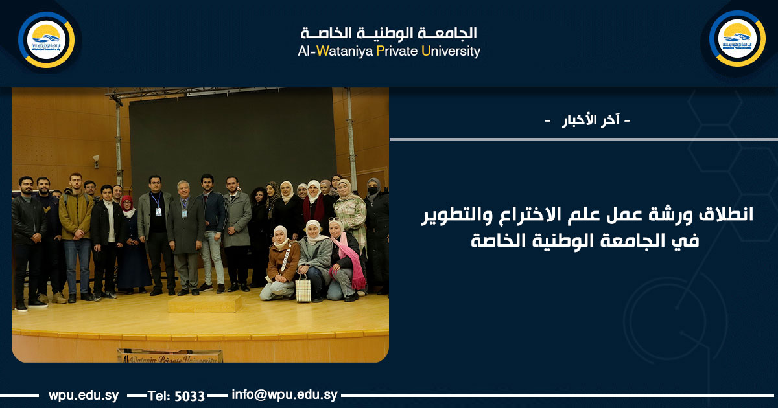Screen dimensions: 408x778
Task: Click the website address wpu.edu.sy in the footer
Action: (x=83, y=394)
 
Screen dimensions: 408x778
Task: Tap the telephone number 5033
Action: (x=190, y=395)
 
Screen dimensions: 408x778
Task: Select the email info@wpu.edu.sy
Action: (x=285, y=394)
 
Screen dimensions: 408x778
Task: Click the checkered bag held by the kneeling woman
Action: (x=303, y=288)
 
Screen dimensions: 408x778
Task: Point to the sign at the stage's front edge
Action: (x=170, y=356)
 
